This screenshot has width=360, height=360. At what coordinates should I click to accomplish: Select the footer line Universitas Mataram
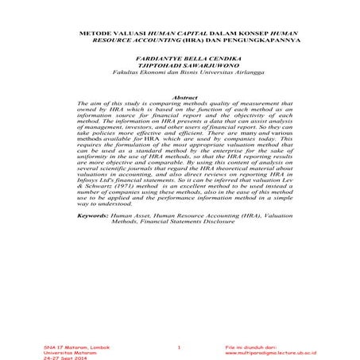click(x=66, y=353)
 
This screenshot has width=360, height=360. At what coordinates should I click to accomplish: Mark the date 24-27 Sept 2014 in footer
click(x=64, y=358)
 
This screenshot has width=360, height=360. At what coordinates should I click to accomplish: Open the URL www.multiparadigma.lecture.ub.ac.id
click(x=270, y=353)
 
